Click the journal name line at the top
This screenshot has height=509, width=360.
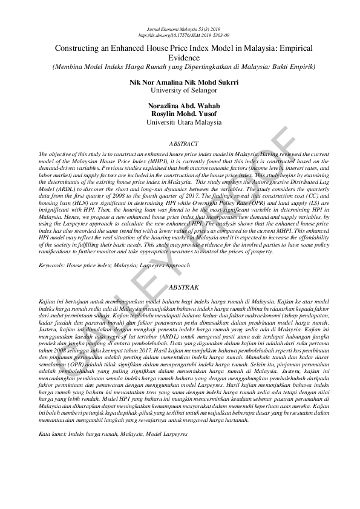click(x=180, y=28)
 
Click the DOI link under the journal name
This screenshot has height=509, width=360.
click(x=180, y=34)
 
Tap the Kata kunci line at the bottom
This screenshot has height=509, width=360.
click(x=112, y=434)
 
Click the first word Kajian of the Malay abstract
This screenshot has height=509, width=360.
click(x=46, y=300)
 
